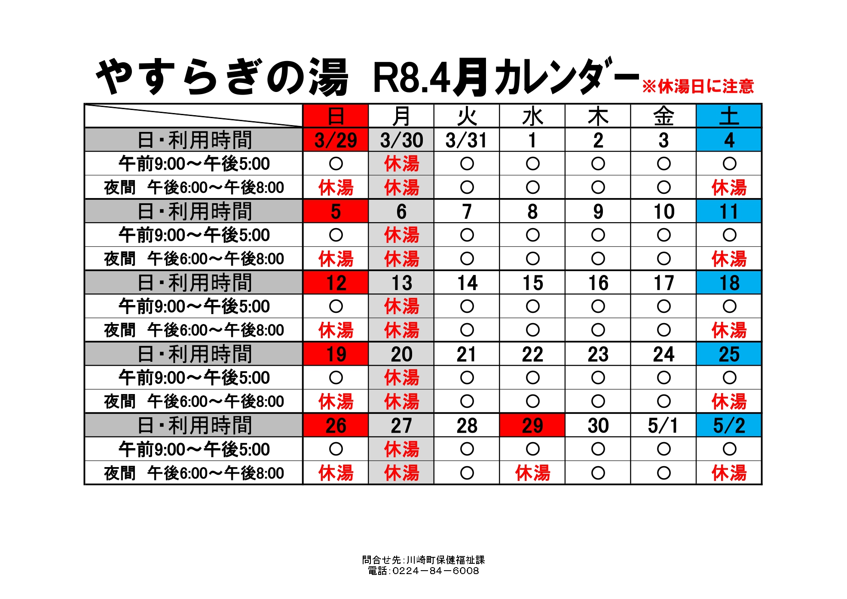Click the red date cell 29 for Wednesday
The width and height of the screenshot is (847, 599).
[x=532, y=425]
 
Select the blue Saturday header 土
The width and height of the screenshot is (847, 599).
[x=729, y=116]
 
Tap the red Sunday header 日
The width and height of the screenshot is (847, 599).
[x=336, y=116]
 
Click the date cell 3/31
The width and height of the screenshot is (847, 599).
[x=466, y=140]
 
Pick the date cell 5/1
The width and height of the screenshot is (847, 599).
[x=663, y=425]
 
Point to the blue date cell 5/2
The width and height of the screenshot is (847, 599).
[x=729, y=425]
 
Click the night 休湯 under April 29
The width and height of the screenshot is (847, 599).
[x=532, y=473]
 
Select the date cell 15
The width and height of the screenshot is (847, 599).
[x=532, y=283]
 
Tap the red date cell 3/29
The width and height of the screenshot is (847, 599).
[x=336, y=140]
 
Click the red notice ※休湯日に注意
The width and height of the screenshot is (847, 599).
[x=698, y=86]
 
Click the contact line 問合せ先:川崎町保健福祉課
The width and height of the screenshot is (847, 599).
[x=423, y=559]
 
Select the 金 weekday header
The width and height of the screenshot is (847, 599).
[x=663, y=116]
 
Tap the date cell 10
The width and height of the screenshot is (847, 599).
[x=663, y=211]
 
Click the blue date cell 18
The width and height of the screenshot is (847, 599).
[x=729, y=283]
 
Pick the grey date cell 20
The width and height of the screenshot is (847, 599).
[x=401, y=354]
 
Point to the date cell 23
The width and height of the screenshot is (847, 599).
[x=598, y=354]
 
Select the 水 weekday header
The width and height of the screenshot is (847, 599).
[x=532, y=116]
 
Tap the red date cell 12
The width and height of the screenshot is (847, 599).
[x=336, y=283]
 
